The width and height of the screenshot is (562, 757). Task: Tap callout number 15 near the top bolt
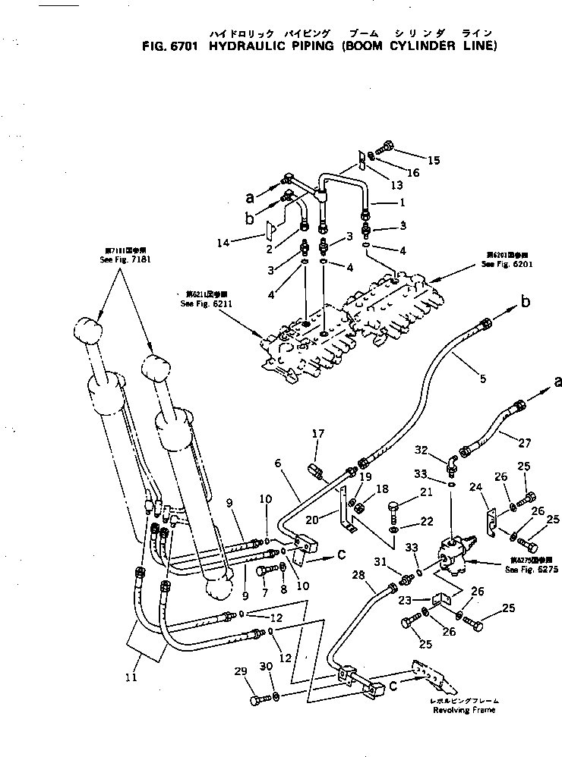[434, 160]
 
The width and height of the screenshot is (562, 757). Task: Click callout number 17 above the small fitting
[318, 434]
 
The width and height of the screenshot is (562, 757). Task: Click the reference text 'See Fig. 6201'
[504, 264]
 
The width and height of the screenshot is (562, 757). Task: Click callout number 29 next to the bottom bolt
[242, 672]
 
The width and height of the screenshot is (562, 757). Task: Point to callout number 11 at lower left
[131, 677]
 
